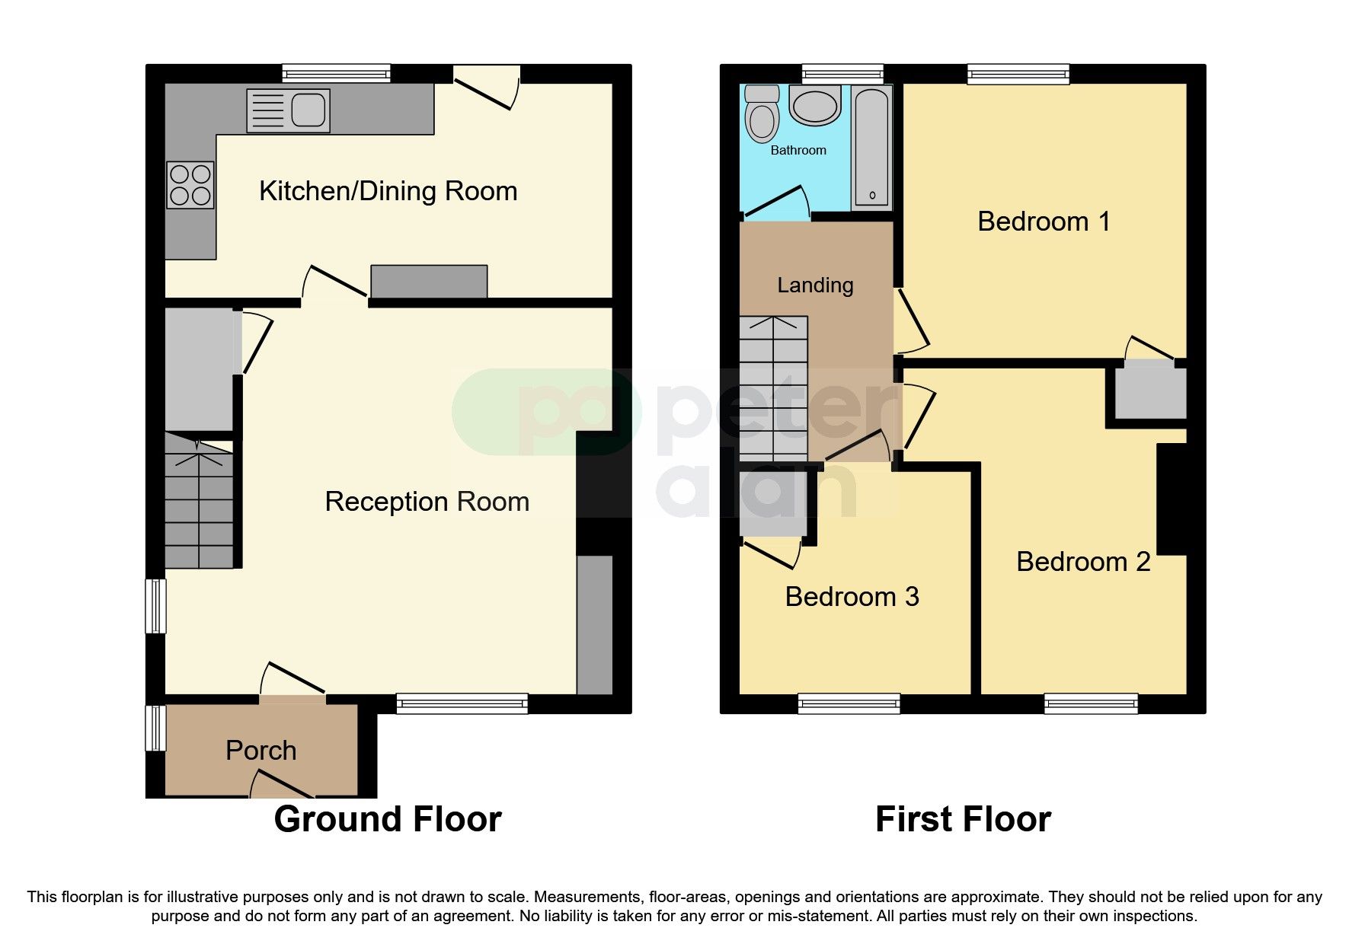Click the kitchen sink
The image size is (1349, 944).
(x=289, y=110)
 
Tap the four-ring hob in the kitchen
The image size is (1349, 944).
(x=190, y=185)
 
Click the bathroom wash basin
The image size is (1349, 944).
(x=814, y=105)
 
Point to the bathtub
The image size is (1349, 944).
(x=872, y=146)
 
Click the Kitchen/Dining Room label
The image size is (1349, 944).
(x=388, y=191)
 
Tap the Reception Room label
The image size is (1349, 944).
(x=427, y=502)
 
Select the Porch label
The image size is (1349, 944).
(x=261, y=751)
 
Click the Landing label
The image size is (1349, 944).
(x=815, y=285)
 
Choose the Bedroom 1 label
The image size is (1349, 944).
(x=1044, y=222)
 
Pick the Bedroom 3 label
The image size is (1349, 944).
(x=852, y=597)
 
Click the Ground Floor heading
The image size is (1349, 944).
(x=388, y=820)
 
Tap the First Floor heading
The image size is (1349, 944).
(x=963, y=820)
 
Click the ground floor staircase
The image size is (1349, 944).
(x=200, y=502)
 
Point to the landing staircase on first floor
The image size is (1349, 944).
(x=773, y=388)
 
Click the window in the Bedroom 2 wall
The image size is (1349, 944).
(x=1091, y=703)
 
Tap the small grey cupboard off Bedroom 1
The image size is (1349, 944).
(x=1150, y=393)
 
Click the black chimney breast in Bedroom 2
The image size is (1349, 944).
(x=1172, y=499)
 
